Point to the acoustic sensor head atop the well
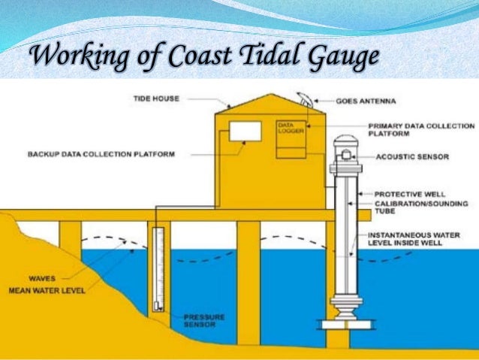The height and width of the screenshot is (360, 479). pos(346,156)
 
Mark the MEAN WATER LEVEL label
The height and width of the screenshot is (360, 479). pos(44,290)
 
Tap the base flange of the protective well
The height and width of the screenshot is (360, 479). pos(346,325)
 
